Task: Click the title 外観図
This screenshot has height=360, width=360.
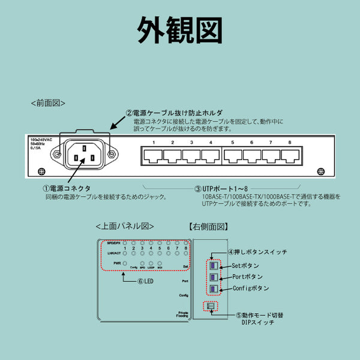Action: click(x=179, y=28)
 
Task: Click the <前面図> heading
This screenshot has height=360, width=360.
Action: click(x=48, y=103)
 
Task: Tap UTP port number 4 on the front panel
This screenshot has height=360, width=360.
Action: click(x=210, y=157)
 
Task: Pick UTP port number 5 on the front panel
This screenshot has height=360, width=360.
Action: click(x=232, y=157)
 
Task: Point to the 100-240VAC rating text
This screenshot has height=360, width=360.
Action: click(x=43, y=139)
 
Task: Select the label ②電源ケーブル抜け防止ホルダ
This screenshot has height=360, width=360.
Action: click(x=173, y=113)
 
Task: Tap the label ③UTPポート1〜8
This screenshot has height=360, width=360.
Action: click(x=226, y=188)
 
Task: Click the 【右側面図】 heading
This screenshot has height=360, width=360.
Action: click(x=209, y=226)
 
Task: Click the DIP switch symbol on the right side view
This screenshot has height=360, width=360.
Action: click(x=211, y=307)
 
